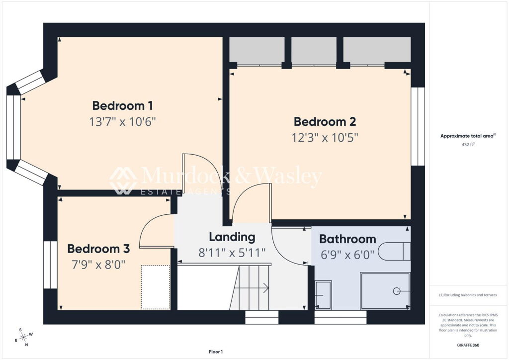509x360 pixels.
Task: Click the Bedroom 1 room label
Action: (122, 105)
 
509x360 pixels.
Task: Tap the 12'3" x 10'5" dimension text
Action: (325, 138)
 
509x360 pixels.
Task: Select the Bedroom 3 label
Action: (98, 249)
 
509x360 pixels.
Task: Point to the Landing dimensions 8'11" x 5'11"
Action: (232, 253)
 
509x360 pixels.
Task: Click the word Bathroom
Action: (347, 239)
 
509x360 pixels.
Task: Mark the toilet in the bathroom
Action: (394, 251)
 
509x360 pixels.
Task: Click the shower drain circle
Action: (396, 291)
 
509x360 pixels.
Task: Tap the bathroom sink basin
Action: (323, 295)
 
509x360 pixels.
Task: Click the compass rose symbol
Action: (23, 338)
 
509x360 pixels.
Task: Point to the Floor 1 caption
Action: (216, 352)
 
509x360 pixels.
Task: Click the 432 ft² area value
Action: (468, 145)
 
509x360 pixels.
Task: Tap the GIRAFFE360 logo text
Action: (468, 345)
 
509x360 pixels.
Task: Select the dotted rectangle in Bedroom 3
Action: (156, 287)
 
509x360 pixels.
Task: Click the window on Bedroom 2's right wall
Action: (418, 126)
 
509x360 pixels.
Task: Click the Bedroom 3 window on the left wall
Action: (50, 265)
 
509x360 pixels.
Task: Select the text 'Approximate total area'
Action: (467, 136)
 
